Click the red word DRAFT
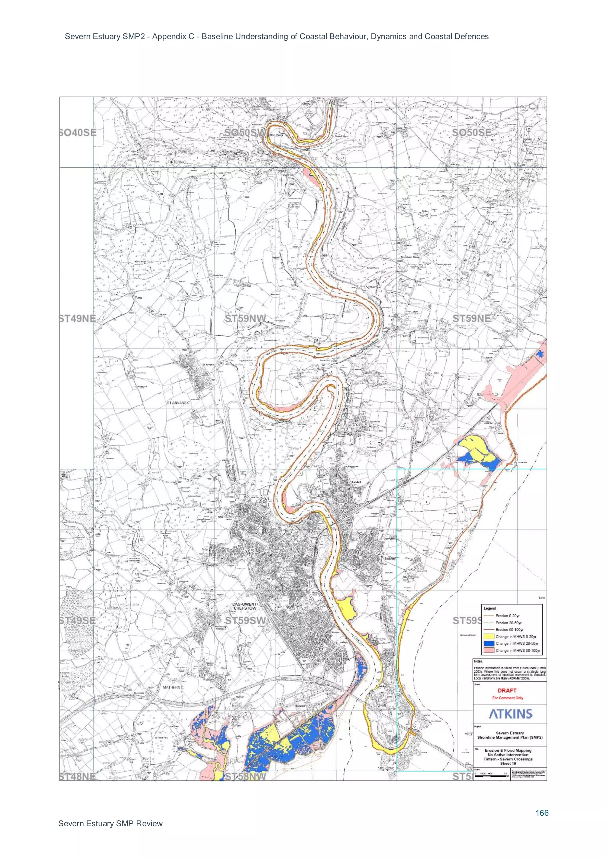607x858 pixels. [507, 691]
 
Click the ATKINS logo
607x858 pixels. [510, 714]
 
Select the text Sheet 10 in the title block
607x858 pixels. [508, 764]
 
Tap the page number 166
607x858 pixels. [541, 813]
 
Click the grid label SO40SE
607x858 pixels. [78, 133]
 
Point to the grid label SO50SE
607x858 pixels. [471, 133]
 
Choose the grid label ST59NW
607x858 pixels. [245, 318]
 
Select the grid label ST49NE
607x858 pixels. [78, 318]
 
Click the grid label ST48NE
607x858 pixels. [78, 777]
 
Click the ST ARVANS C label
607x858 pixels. [178, 403]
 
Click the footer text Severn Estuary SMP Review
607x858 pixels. [110, 824]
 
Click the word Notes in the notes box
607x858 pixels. [478, 661]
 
